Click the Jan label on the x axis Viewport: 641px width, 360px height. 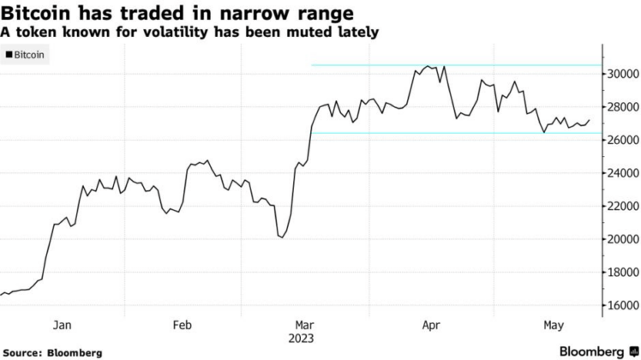click(x=62, y=325)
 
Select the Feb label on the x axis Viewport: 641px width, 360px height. click(x=183, y=325)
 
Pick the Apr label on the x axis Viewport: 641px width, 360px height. click(x=431, y=325)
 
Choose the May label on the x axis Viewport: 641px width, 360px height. click(x=554, y=325)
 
